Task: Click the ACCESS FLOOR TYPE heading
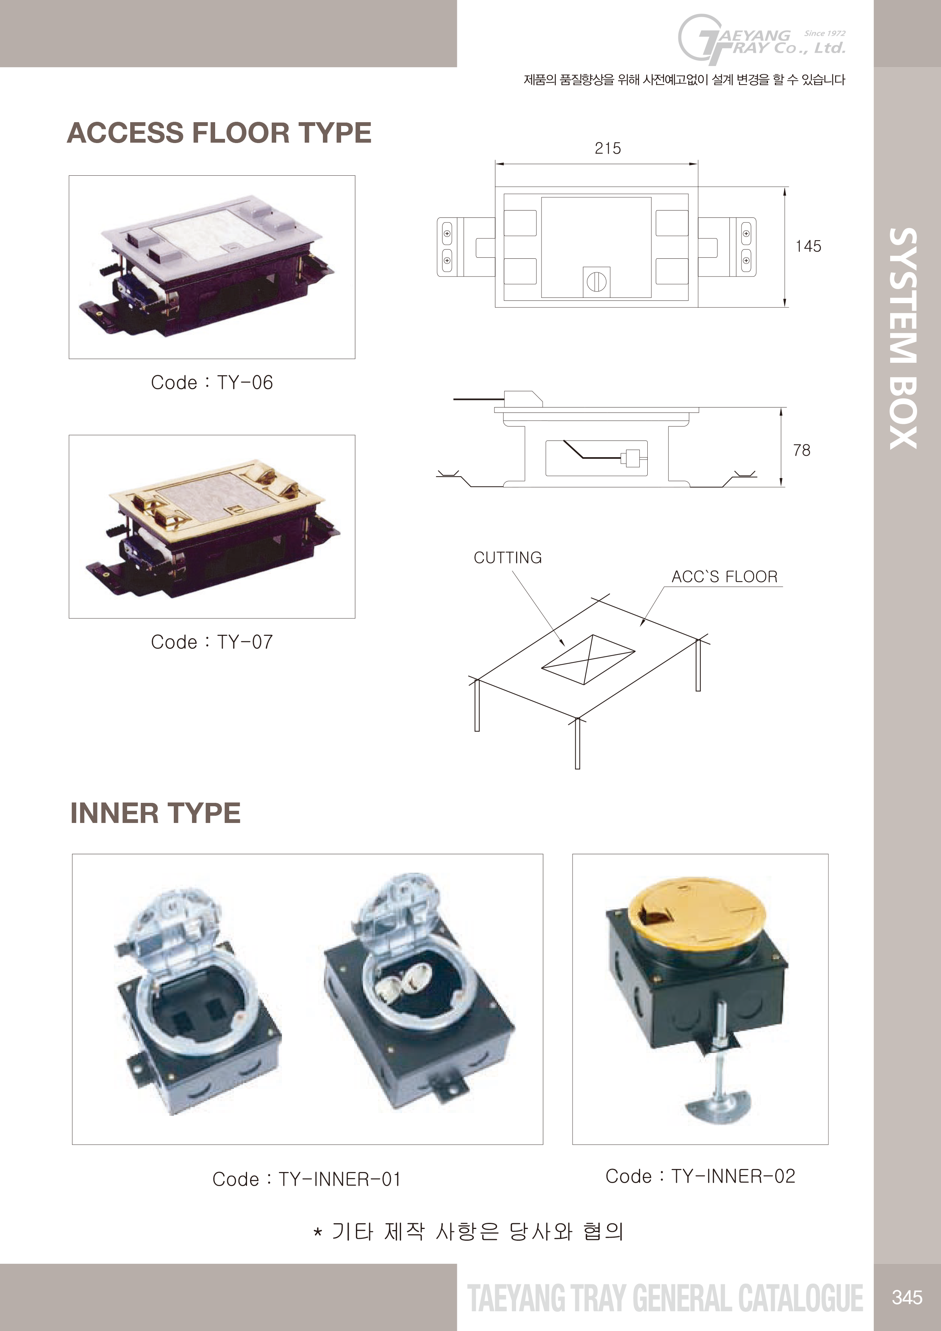[x=219, y=133]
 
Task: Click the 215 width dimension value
[x=607, y=148]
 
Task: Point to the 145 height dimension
[x=808, y=246]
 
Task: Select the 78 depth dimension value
[x=802, y=450]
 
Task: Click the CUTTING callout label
[x=508, y=558]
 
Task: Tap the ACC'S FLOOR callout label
[x=725, y=577]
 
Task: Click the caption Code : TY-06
[x=212, y=382]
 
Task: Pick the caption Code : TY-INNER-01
[x=307, y=1179]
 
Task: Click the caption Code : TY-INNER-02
[x=700, y=1176]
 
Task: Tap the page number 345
[x=907, y=1297]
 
